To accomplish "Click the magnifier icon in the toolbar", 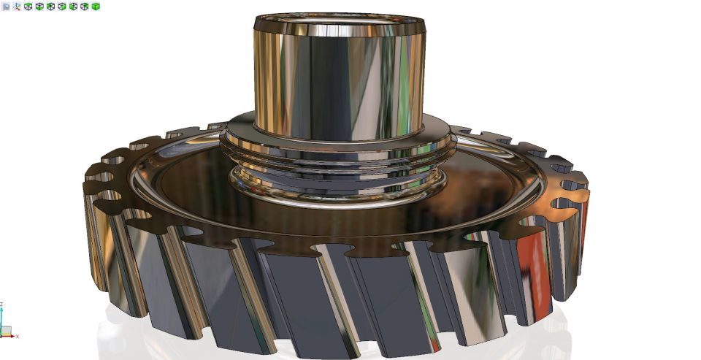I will [6, 6].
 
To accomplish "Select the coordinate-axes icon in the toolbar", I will [16, 6].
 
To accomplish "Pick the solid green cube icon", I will [96, 6].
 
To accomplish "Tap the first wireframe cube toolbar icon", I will [28, 6].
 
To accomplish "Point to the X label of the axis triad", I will [17, 336].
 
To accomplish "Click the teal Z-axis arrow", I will [2, 320].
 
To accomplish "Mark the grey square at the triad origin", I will [2, 334].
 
